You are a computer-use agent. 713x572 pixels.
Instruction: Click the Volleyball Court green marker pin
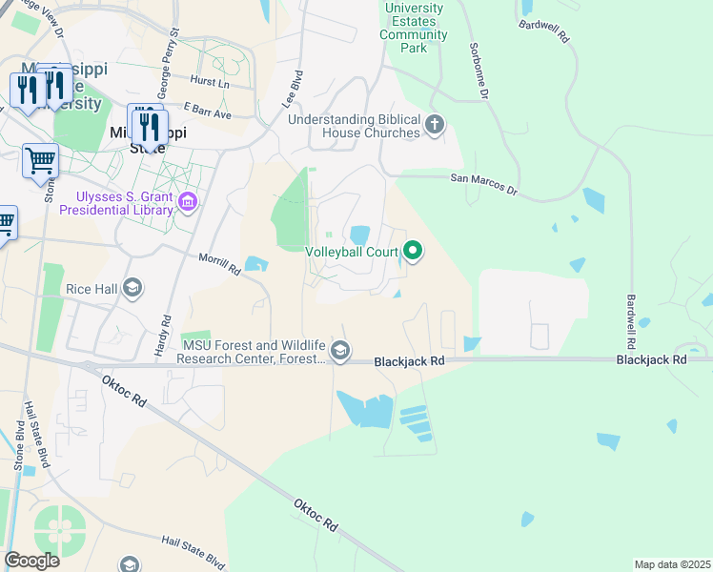click(x=413, y=252)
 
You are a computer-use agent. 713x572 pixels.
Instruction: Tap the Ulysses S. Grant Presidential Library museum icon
click(x=188, y=202)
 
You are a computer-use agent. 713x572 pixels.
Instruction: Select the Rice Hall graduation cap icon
click(x=132, y=288)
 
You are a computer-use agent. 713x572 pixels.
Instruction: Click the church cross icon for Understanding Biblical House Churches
click(x=435, y=124)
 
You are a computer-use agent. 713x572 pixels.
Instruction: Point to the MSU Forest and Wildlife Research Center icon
click(x=340, y=352)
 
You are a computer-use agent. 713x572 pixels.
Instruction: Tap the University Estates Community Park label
click(x=413, y=28)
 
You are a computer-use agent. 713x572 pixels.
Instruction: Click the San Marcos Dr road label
click(x=483, y=184)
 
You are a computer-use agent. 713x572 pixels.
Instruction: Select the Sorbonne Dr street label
click(x=479, y=71)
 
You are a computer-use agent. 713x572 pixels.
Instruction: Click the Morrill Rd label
click(x=218, y=264)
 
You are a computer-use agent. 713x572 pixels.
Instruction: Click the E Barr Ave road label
click(x=208, y=112)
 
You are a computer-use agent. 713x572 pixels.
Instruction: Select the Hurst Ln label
click(x=210, y=83)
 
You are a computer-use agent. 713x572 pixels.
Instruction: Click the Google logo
click(x=31, y=561)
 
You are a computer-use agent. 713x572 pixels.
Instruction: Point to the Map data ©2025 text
click(x=672, y=564)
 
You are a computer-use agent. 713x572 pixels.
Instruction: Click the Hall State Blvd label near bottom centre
click(x=194, y=551)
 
